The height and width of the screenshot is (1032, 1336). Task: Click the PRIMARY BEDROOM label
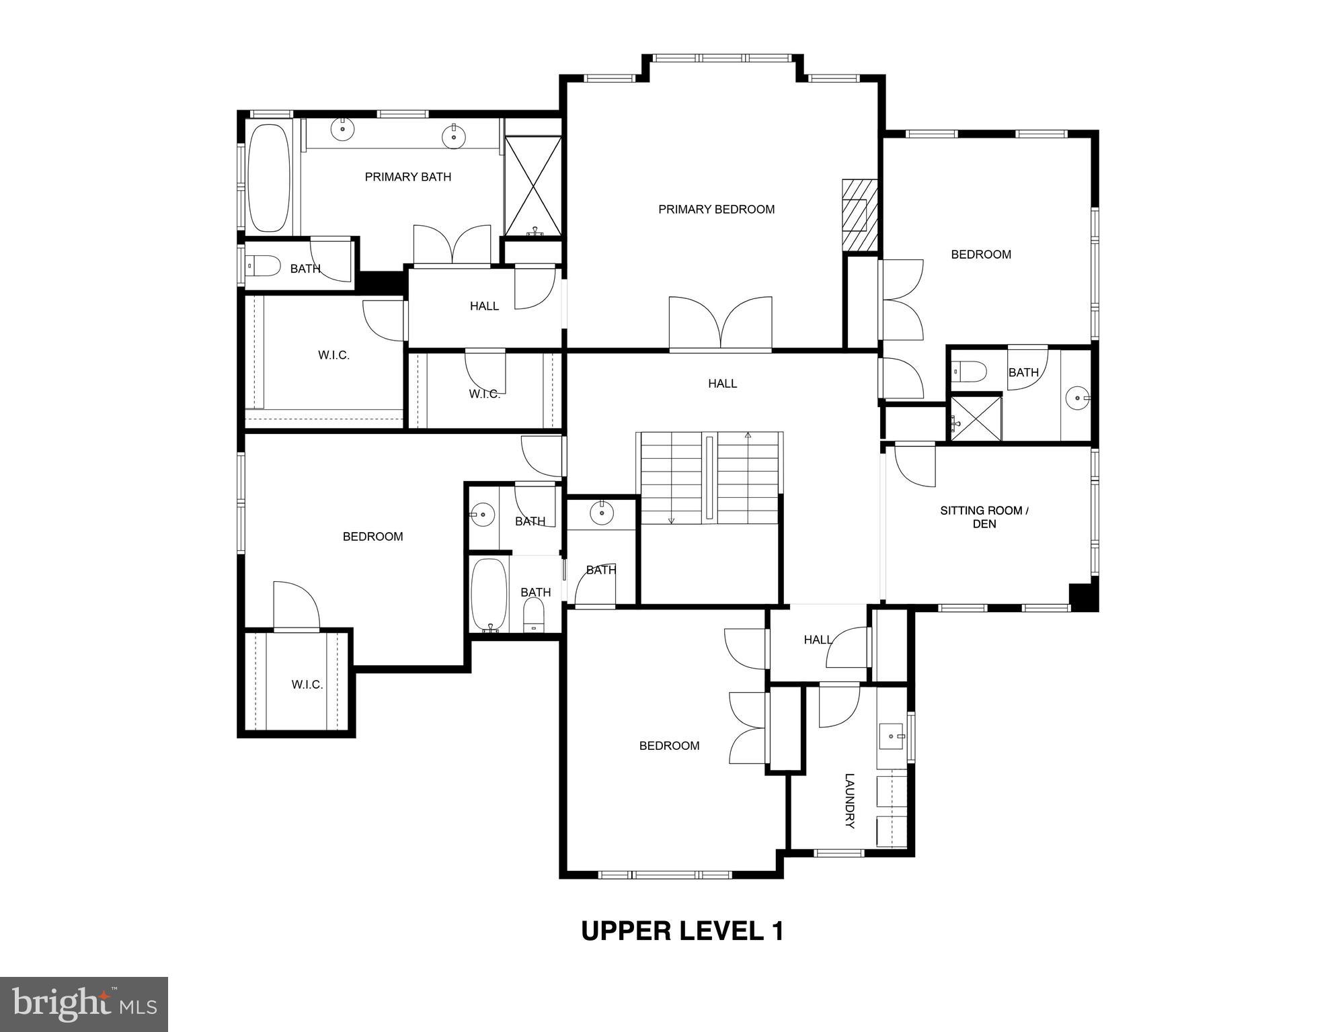(716, 210)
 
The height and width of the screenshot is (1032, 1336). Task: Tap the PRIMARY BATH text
(407, 177)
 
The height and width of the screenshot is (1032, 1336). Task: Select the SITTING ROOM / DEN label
(984, 517)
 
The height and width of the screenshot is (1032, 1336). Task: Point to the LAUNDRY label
(849, 801)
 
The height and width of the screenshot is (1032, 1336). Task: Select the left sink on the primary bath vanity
(343, 128)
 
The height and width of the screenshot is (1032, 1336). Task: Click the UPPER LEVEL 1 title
(682, 931)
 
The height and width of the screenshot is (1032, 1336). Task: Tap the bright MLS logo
(83, 1004)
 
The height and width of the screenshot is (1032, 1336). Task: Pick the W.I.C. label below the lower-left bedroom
(307, 685)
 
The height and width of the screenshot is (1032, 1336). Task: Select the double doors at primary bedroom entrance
(720, 324)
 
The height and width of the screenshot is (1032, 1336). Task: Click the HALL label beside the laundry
(818, 640)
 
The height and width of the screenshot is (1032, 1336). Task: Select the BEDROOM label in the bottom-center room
(669, 746)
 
